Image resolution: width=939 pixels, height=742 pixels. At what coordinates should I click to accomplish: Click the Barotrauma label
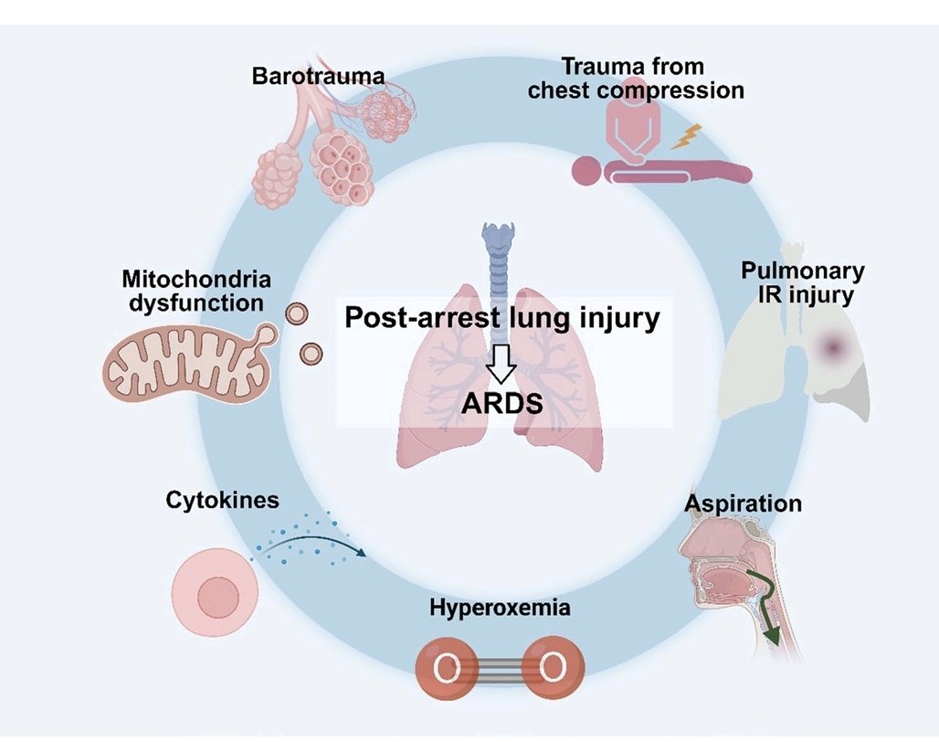(318, 74)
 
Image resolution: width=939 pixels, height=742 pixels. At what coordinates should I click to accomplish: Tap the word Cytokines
(222, 500)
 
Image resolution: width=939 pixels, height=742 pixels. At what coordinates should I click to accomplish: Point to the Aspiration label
(743, 503)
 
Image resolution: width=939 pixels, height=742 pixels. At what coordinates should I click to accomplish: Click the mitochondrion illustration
(187, 363)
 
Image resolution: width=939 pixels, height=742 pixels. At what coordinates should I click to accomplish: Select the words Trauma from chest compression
(652, 79)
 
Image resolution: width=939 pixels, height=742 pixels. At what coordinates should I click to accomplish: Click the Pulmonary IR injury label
(802, 282)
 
